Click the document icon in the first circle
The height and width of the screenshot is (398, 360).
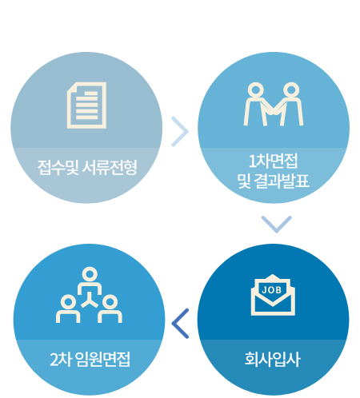coord(86,105)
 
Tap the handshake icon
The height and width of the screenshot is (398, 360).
coord(274,104)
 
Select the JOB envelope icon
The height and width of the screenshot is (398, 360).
coord(273,295)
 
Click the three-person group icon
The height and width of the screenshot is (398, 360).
coord(89,295)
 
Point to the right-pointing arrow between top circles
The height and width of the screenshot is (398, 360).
coord(180,132)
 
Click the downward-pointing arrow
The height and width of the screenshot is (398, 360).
coord(277,224)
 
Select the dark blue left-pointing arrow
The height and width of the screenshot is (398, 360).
coord(180,324)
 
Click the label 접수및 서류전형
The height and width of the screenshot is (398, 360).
coord(87,168)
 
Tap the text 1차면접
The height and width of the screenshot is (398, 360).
coord(273,161)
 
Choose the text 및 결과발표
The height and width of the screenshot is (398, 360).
coord(273,181)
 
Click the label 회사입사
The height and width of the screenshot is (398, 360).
coord(273,360)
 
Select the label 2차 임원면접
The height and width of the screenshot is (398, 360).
coord(90,360)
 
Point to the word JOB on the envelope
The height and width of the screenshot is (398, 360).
coord(272,290)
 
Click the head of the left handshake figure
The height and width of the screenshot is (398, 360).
coord(256,90)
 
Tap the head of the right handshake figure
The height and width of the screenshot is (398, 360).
coord(291,90)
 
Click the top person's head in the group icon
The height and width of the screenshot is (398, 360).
coord(90,274)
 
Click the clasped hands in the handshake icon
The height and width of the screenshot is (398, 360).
coord(273,111)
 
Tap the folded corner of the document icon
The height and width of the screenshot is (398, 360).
coord(72,87)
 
